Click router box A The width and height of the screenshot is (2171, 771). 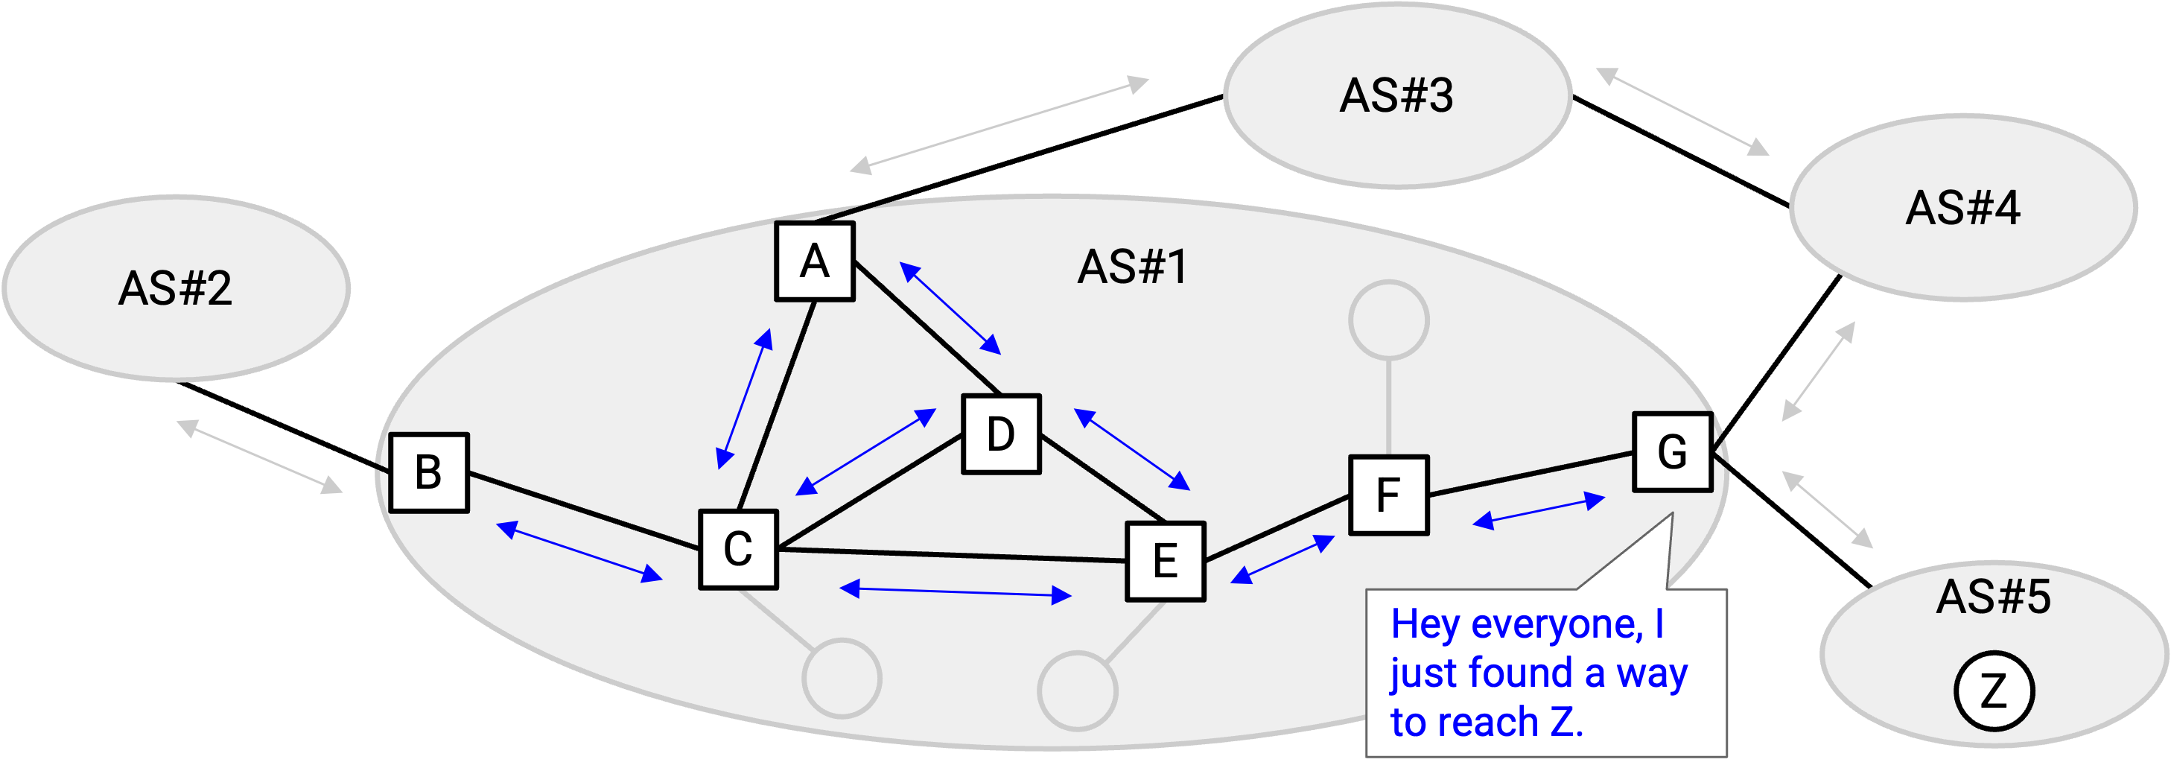[x=815, y=261]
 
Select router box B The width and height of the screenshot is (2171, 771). [x=429, y=473]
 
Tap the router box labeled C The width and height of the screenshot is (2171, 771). [x=738, y=550]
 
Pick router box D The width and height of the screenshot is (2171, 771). [x=1001, y=435]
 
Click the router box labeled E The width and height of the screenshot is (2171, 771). [x=1166, y=561]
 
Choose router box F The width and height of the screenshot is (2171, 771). [x=1389, y=495]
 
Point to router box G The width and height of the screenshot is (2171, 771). [x=1673, y=451]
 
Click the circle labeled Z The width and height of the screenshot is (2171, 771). [x=1993, y=691]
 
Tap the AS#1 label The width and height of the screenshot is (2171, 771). [x=1133, y=267]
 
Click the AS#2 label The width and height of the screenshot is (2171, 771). [x=175, y=288]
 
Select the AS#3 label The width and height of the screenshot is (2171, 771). [x=1396, y=95]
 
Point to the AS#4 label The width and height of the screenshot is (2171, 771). [x=1962, y=207]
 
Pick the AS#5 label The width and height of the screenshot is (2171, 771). [x=1993, y=597]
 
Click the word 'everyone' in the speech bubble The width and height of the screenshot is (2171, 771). [x=1557, y=624]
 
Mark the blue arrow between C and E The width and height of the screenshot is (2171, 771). [x=956, y=592]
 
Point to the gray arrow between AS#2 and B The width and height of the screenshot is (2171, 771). [x=260, y=457]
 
